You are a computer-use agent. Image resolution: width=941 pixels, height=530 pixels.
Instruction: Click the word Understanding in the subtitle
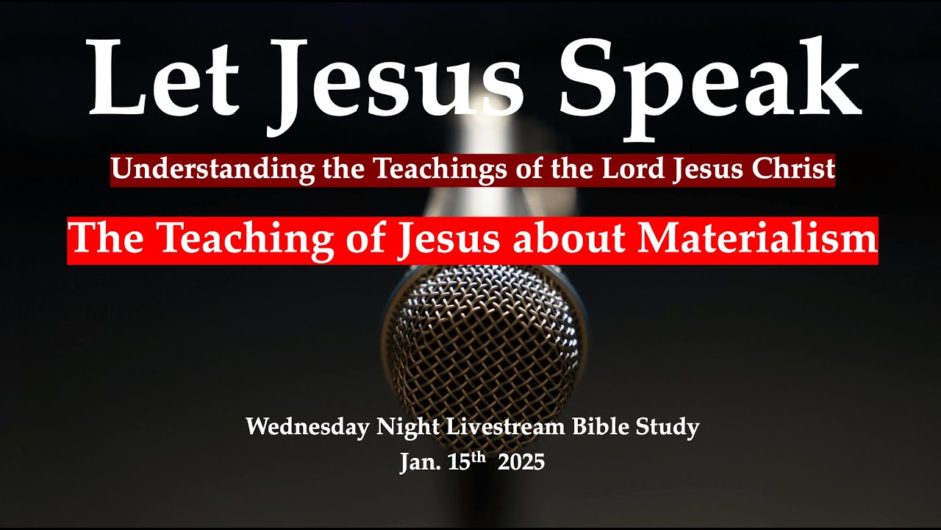[x=214, y=170]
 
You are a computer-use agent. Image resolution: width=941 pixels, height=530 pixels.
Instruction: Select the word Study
[x=672, y=427]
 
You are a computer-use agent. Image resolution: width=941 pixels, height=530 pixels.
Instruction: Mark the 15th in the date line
[x=467, y=461]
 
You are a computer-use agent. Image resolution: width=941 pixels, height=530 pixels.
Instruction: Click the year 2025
[x=521, y=462]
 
